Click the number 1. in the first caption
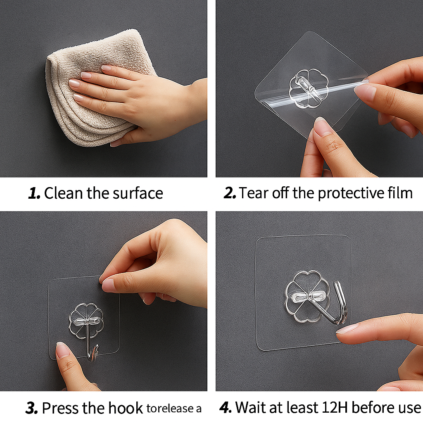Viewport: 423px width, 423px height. click(34, 193)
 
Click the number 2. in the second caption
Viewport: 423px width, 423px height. click(230, 193)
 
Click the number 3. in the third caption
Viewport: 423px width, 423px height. click(31, 408)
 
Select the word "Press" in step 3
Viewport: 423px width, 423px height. click(60, 408)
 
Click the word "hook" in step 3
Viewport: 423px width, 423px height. click(125, 408)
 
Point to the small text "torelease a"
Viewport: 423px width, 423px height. click(174, 409)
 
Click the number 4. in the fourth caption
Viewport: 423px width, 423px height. click(225, 408)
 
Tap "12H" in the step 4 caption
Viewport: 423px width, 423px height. click(337, 408)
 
